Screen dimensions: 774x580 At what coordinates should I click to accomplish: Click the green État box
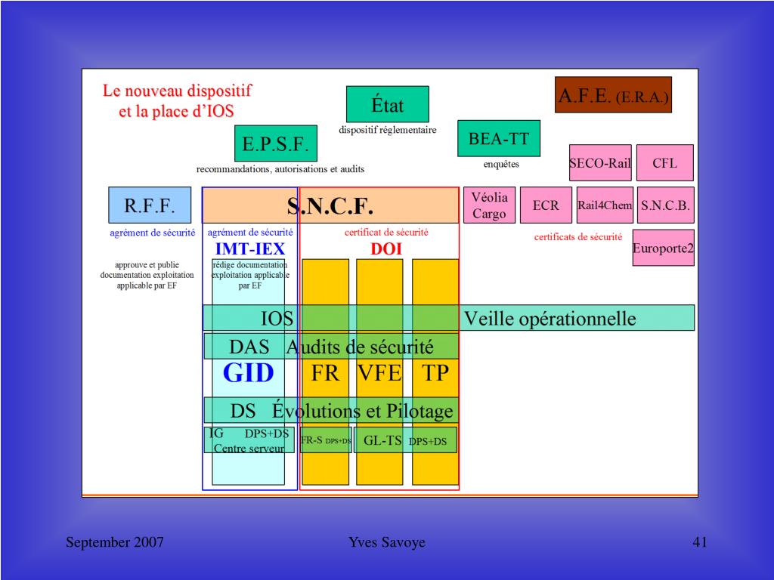[387, 104]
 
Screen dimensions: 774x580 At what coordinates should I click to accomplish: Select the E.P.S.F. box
[276, 143]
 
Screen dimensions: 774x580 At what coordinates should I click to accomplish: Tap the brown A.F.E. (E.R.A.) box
[613, 95]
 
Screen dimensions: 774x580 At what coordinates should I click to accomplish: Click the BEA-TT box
[499, 138]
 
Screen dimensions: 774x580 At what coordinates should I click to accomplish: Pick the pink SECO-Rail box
[600, 163]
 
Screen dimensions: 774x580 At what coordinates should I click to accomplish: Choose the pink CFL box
[664, 163]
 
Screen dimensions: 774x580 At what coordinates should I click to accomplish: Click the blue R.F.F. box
[150, 205]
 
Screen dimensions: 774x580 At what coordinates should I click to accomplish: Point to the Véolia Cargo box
[489, 205]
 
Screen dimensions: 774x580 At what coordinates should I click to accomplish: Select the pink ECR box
[546, 205]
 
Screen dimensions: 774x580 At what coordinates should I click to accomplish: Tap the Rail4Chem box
[605, 205]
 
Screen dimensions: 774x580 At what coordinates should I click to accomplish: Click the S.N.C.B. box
[665, 205]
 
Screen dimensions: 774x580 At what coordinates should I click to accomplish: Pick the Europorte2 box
[663, 248]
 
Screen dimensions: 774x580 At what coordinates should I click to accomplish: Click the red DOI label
[385, 248]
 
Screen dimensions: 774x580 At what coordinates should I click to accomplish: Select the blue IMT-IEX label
[249, 248]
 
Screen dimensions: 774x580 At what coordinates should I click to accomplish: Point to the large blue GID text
[249, 373]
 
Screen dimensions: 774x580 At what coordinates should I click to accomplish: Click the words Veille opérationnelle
[550, 319]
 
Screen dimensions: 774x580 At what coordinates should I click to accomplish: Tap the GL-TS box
[382, 440]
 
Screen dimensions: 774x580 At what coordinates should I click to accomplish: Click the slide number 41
[699, 542]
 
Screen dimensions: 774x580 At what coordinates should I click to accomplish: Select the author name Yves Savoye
[386, 542]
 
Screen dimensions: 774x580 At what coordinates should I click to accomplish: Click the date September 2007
[115, 542]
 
